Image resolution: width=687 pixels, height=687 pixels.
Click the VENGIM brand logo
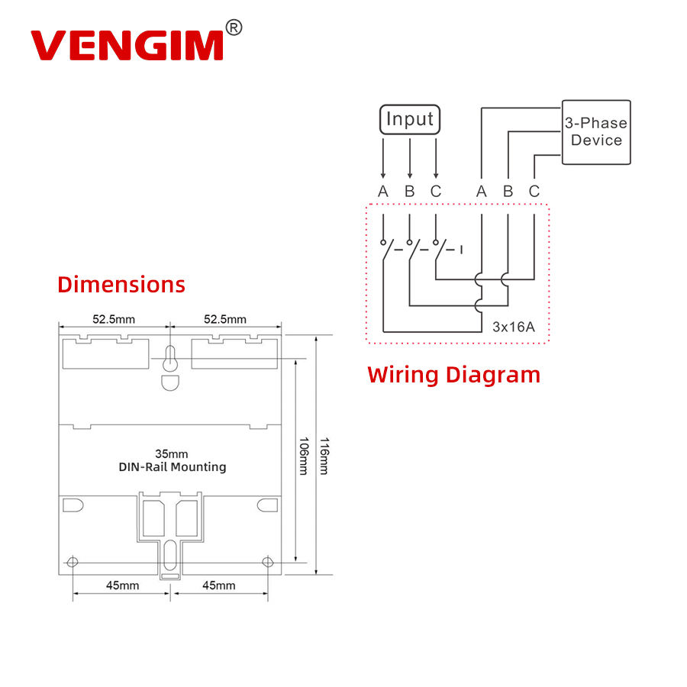(x=127, y=45)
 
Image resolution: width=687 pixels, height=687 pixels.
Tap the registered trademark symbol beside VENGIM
(x=234, y=28)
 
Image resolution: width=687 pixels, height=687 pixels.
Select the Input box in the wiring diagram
(x=410, y=120)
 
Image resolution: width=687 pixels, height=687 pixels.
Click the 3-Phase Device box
(x=596, y=131)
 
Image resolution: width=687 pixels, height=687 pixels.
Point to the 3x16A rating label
(x=513, y=327)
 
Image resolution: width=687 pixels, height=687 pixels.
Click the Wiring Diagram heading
(x=453, y=375)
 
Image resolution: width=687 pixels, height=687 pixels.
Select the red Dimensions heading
(x=121, y=285)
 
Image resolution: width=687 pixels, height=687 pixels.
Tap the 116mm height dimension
(x=324, y=456)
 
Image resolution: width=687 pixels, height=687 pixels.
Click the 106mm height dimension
(x=302, y=456)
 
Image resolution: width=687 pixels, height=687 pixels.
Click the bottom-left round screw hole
(x=73, y=563)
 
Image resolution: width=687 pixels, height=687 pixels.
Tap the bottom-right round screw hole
(x=267, y=563)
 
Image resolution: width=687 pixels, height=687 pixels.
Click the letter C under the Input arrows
(x=435, y=192)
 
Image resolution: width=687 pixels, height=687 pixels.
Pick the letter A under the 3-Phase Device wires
(x=481, y=192)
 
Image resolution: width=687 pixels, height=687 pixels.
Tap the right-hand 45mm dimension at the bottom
(x=219, y=585)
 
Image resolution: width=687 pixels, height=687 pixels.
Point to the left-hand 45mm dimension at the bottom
(x=122, y=585)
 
